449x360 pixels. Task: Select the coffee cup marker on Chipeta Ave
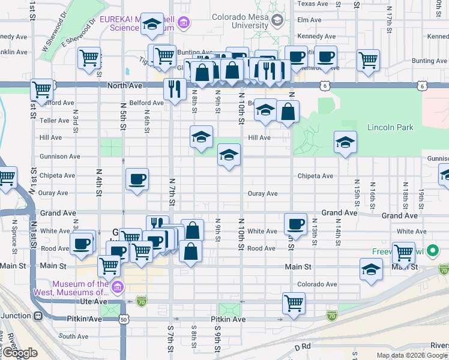point(137,179)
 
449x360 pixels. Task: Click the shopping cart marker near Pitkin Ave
point(294,302)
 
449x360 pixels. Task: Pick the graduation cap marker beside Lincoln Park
point(345,142)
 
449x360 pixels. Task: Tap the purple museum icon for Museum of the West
point(118,288)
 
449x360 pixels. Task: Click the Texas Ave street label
point(313,4)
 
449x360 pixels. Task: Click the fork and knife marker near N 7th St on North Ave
point(175,89)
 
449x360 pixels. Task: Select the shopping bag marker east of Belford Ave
point(288,112)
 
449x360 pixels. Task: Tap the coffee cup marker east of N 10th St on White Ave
point(295,224)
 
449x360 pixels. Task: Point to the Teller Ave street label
point(55,120)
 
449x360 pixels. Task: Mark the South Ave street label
point(74,337)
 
